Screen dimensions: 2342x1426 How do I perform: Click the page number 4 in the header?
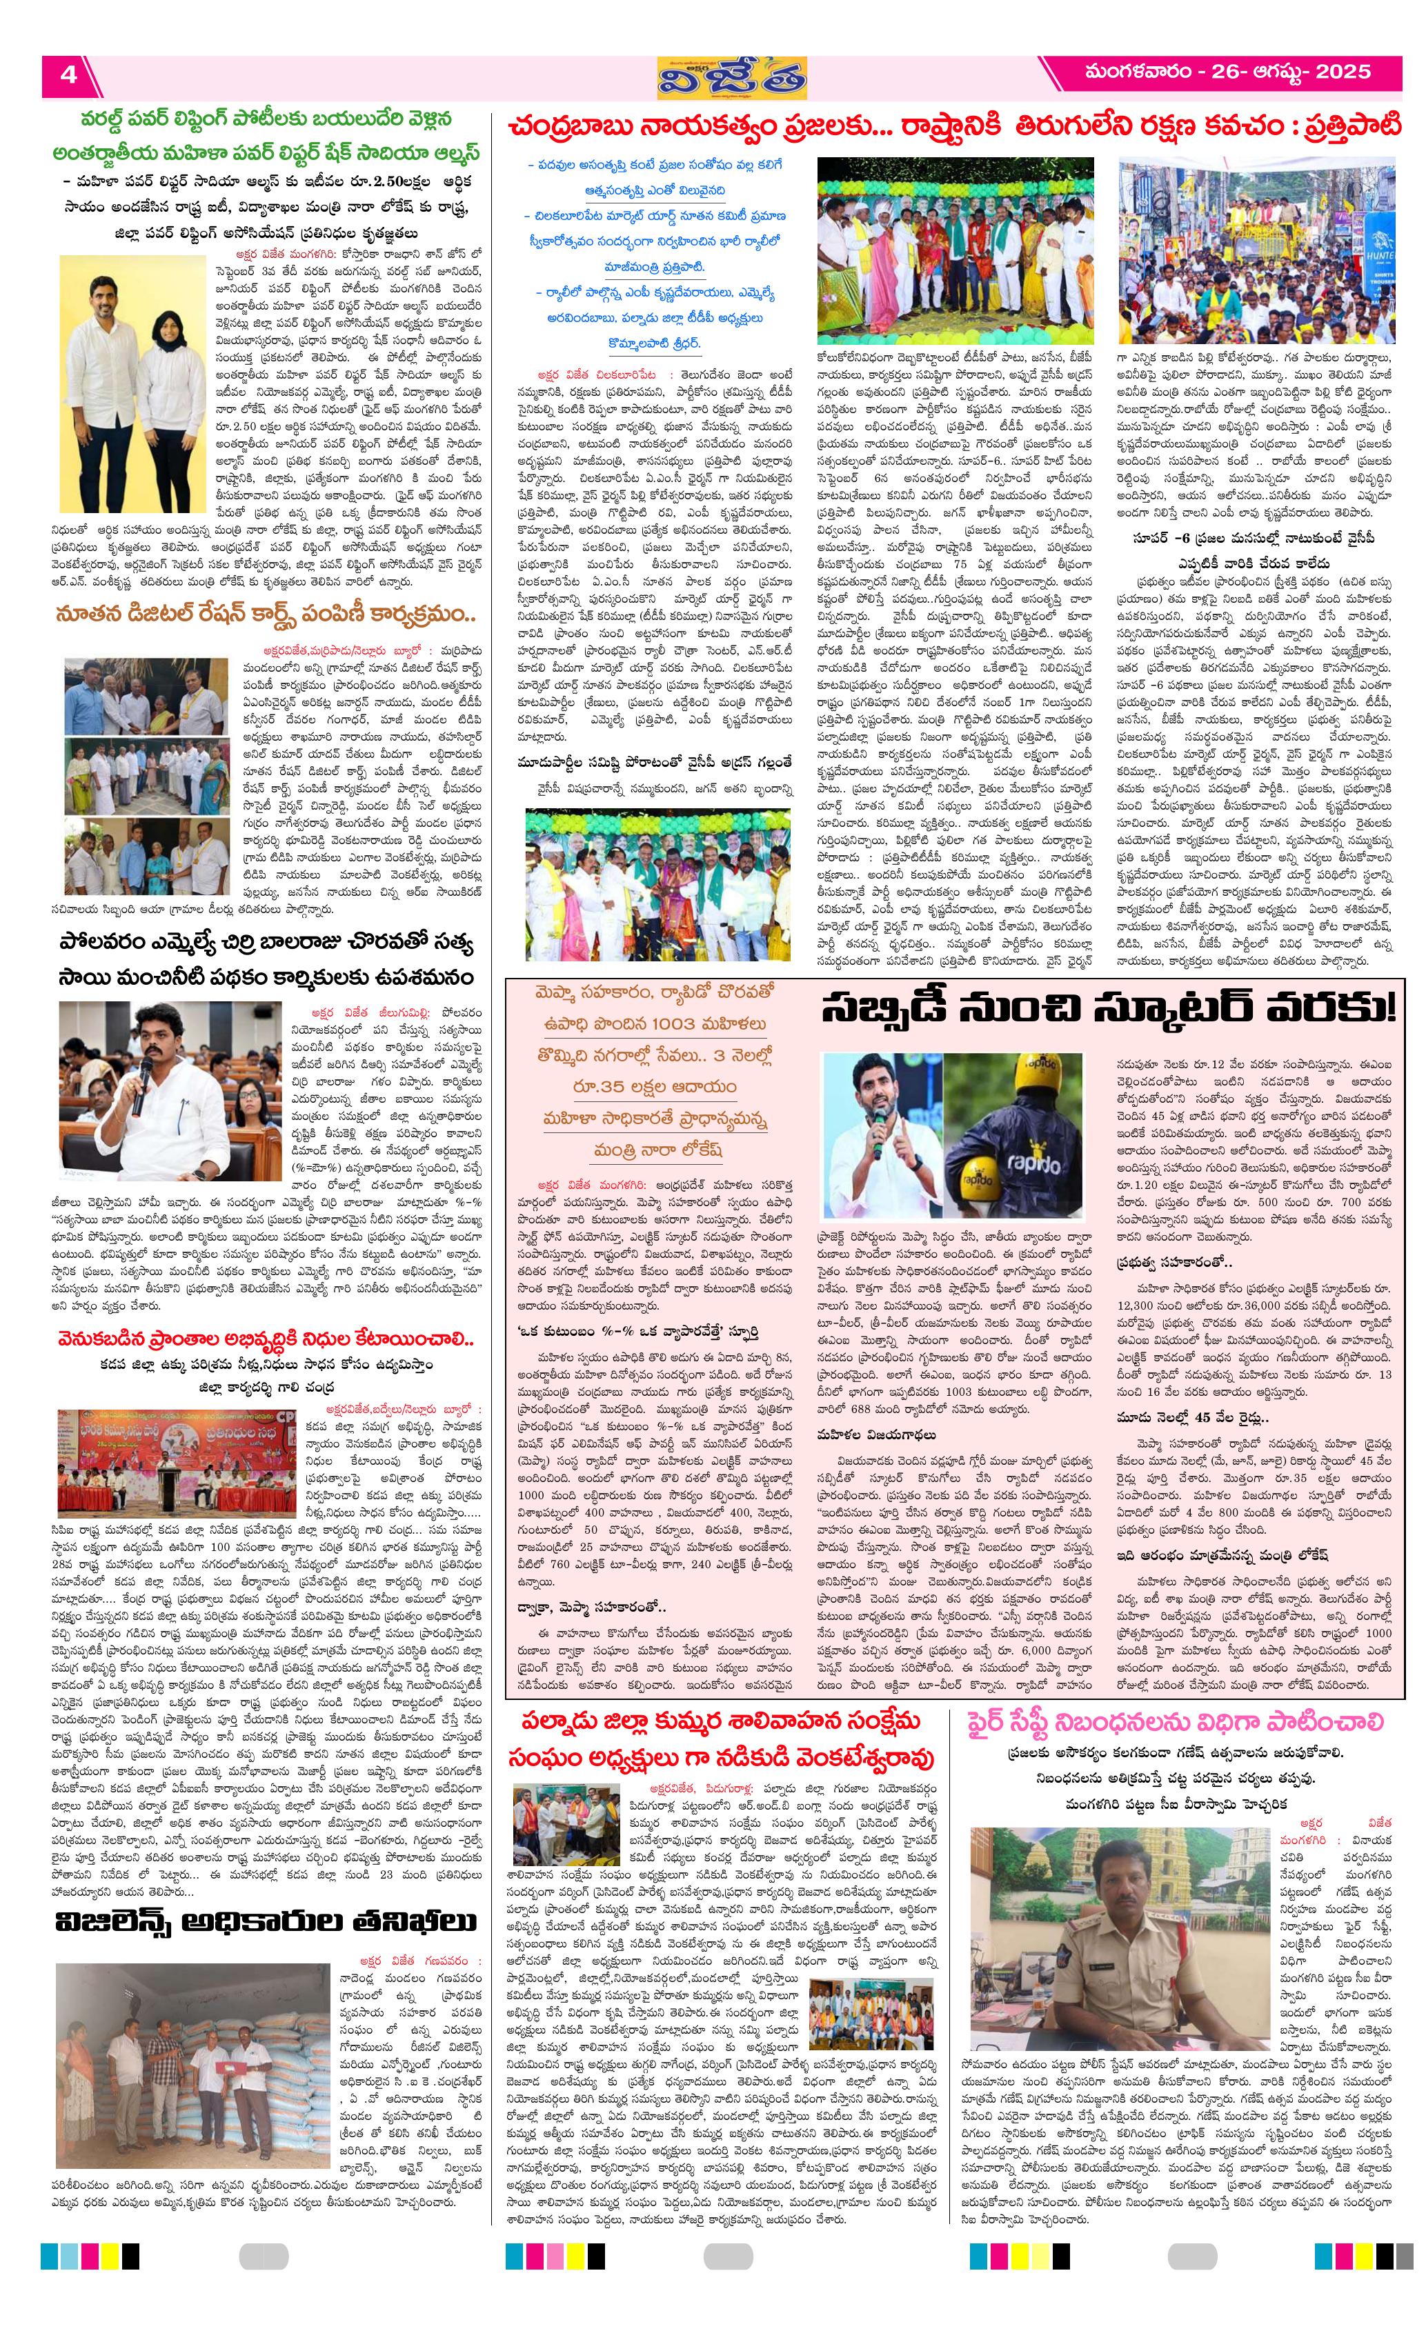68,75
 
